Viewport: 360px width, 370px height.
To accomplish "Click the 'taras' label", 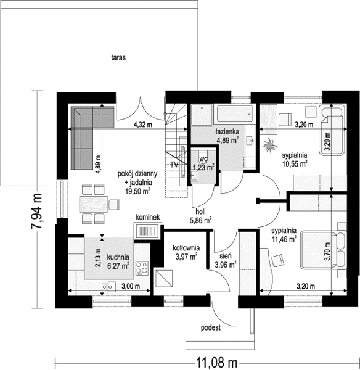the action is [x=118, y=57].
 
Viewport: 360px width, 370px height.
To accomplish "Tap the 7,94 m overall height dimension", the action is [x=36, y=211].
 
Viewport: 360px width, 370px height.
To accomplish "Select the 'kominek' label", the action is [x=148, y=217].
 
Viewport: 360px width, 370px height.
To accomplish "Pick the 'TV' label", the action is [x=174, y=165].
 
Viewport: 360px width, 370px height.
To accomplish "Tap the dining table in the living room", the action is [x=94, y=204].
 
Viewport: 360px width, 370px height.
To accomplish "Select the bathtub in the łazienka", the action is [x=235, y=115].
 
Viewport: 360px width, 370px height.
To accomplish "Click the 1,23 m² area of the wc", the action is [x=203, y=167].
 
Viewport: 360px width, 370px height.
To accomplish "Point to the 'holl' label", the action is [x=200, y=212].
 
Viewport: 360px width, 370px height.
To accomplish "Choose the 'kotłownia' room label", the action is [x=186, y=248].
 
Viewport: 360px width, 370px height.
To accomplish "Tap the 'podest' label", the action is [x=211, y=328].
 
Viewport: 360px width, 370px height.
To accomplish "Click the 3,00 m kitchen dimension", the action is [x=131, y=286].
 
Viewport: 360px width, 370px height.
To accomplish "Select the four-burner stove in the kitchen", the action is [x=142, y=268].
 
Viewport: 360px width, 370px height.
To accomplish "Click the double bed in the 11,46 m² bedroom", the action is [x=323, y=250].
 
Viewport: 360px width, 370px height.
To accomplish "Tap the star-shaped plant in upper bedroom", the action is [x=269, y=146].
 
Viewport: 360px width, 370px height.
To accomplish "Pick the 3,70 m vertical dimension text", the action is [x=327, y=252].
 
